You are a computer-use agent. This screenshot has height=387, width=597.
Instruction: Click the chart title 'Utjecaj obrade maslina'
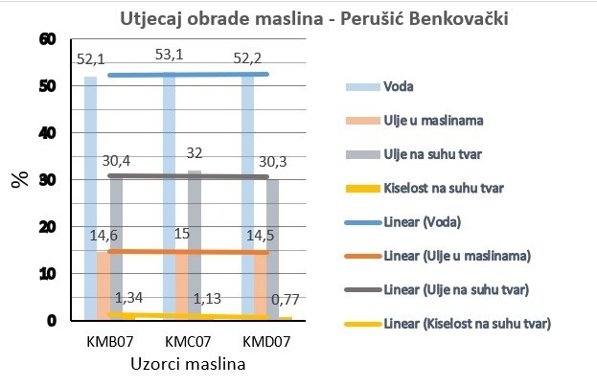(x=221, y=18)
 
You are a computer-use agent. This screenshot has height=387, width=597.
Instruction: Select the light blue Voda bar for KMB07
(x=91, y=198)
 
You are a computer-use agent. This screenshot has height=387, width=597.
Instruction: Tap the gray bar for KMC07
(x=195, y=245)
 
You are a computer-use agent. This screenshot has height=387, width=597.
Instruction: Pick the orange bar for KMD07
(x=260, y=285)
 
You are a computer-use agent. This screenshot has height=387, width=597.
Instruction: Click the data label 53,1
(x=169, y=55)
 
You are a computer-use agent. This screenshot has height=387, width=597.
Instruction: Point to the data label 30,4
(x=116, y=161)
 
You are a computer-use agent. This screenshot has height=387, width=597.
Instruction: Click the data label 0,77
(x=286, y=300)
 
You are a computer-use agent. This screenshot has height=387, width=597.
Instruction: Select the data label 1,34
(x=128, y=298)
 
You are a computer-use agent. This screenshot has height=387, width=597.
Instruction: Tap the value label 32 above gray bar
(x=195, y=153)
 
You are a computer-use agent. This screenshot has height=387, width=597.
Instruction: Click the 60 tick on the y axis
(x=48, y=39)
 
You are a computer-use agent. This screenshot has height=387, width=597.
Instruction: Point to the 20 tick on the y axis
(x=48, y=227)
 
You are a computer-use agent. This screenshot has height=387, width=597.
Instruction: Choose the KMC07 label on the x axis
(x=188, y=341)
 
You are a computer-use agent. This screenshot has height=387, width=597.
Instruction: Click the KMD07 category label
(x=266, y=341)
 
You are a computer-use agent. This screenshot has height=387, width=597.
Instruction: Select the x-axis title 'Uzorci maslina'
(x=188, y=364)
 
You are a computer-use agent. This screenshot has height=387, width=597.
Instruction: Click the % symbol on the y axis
(x=20, y=179)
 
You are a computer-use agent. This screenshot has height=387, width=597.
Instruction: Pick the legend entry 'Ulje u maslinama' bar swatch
(x=363, y=121)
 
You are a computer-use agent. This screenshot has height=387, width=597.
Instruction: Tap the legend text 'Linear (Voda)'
(x=423, y=222)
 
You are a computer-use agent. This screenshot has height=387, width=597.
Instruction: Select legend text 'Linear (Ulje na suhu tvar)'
(x=456, y=289)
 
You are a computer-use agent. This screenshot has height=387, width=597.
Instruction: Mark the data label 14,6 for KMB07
(x=103, y=236)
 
